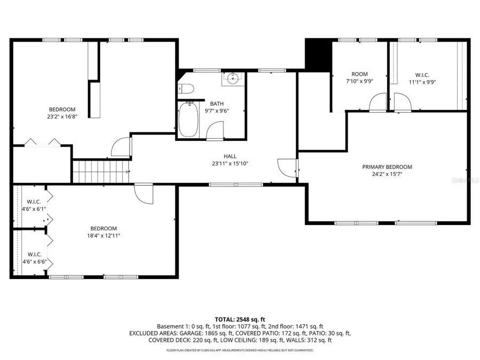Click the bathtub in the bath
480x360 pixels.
coord(188,119)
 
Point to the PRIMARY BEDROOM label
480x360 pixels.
coord(387,167)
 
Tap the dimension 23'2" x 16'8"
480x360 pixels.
coord(62,116)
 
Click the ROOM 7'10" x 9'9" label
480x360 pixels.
coord(359,78)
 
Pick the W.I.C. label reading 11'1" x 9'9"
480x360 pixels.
coord(422,78)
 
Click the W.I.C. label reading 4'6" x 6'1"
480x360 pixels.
coord(34,205)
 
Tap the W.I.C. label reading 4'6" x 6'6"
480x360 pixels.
coord(34,258)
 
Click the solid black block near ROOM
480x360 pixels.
coord(317,53)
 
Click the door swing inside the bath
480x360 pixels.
coord(215,130)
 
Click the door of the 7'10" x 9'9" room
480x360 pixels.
coord(378,102)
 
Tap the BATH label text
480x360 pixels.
coord(217,103)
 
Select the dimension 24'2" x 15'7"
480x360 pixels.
coord(387,174)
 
